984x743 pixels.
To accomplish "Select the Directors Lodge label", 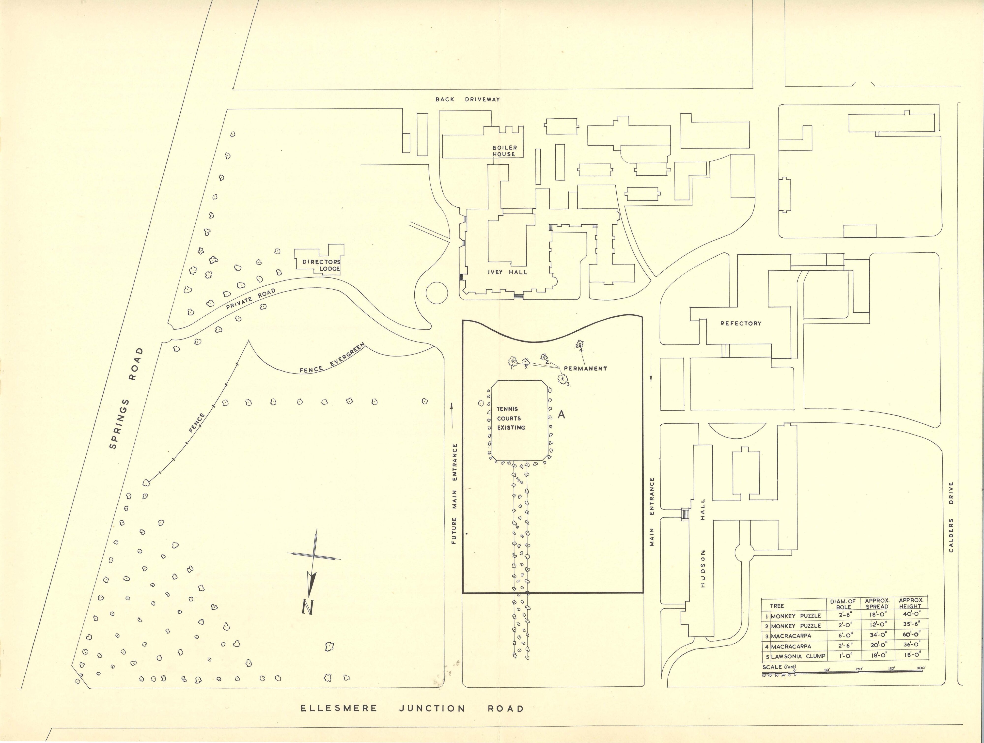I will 321,265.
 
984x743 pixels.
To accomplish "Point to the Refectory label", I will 741,324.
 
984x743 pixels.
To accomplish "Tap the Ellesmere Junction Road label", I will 412,708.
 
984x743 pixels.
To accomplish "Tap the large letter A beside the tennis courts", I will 562,414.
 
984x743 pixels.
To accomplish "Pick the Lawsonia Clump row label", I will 798,656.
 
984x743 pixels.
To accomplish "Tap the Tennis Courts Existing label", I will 511,418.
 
